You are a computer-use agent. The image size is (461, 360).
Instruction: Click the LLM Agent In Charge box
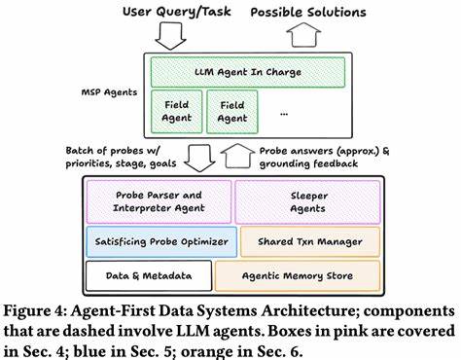(x=247, y=71)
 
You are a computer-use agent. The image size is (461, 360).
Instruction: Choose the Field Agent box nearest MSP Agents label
(x=176, y=111)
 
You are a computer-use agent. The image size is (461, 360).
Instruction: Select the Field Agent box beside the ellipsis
(x=233, y=111)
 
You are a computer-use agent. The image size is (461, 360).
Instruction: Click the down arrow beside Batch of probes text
(x=202, y=157)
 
